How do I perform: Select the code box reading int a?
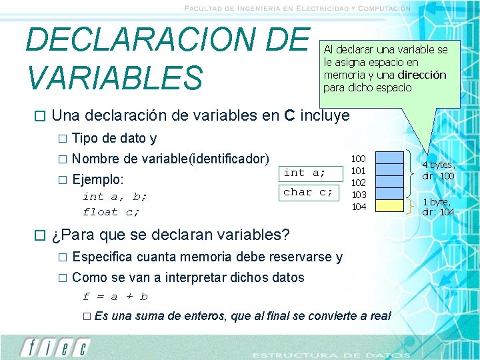[305, 173]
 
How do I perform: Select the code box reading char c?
[307, 192]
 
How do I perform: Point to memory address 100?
[359, 159]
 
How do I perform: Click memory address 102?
[359, 183]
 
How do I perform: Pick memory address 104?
[359, 207]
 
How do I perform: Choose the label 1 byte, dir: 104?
[438, 207]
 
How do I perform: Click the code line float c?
[111, 212]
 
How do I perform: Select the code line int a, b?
[115, 197]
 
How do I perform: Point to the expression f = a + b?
[115, 297]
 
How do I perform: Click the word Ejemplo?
[98, 179]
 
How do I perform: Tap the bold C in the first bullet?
[289, 115]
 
